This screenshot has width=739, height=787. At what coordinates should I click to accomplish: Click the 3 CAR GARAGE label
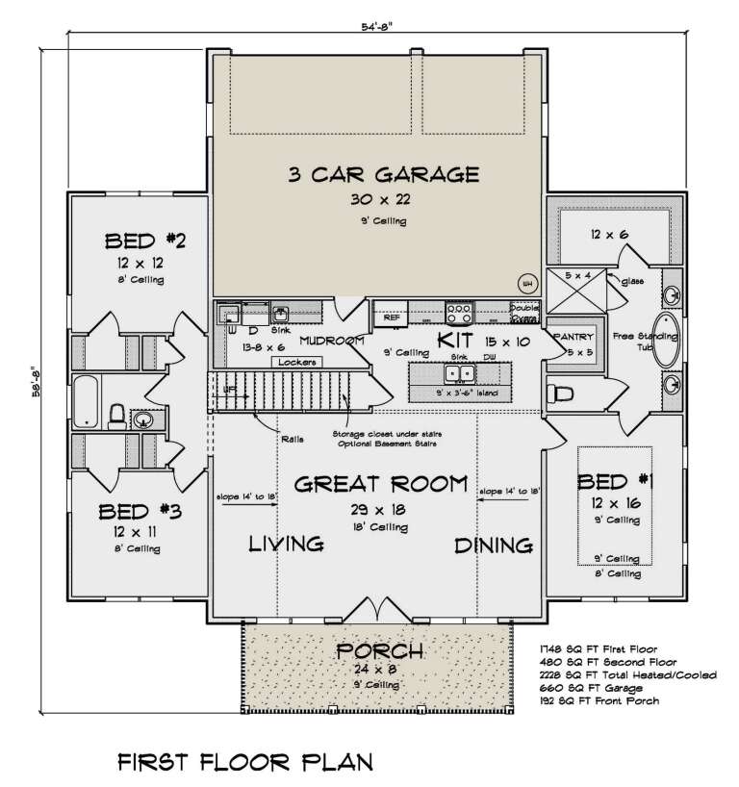click(x=383, y=175)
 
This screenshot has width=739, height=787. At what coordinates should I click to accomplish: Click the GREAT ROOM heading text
click(x=383, y=483)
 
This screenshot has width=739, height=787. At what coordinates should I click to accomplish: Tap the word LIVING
click(x=286, y=546)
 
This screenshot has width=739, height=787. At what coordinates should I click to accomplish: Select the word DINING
click(x=494, y=546)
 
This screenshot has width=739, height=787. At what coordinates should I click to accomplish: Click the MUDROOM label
click(x=330, y=341)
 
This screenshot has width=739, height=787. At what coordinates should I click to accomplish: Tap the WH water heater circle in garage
click(x=526, y=283)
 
